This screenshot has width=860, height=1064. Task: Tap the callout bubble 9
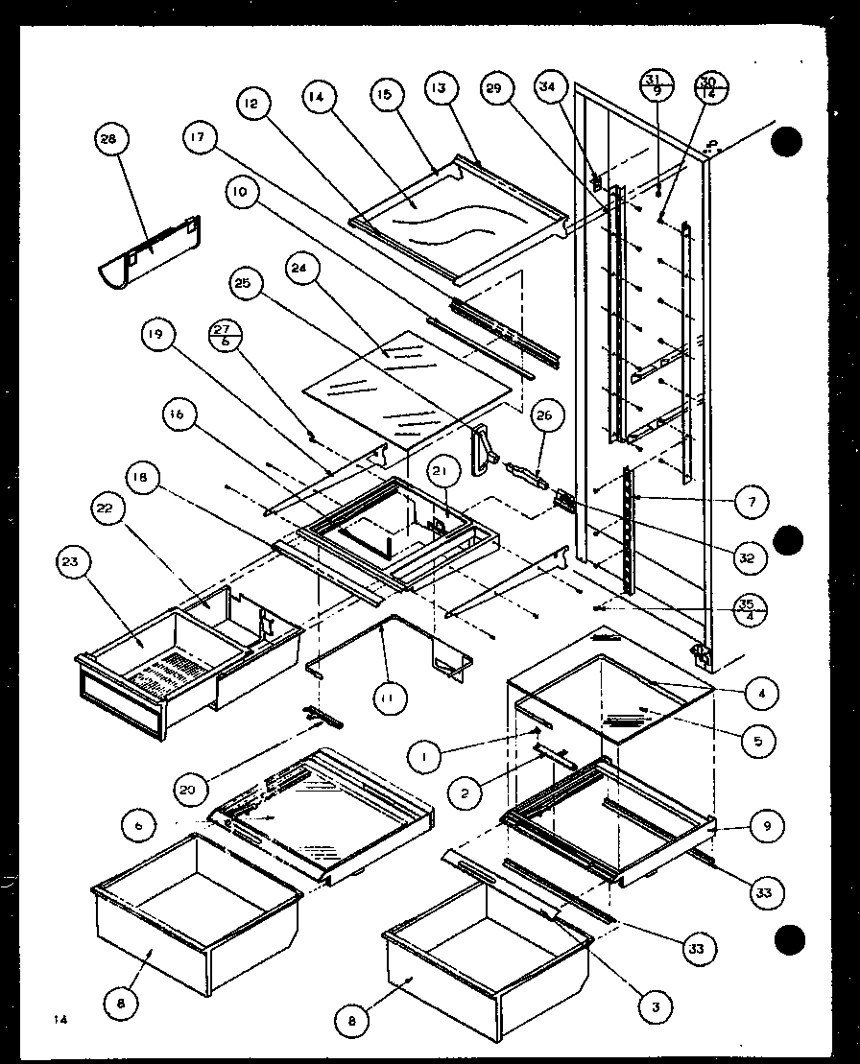tap(768, 825)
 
